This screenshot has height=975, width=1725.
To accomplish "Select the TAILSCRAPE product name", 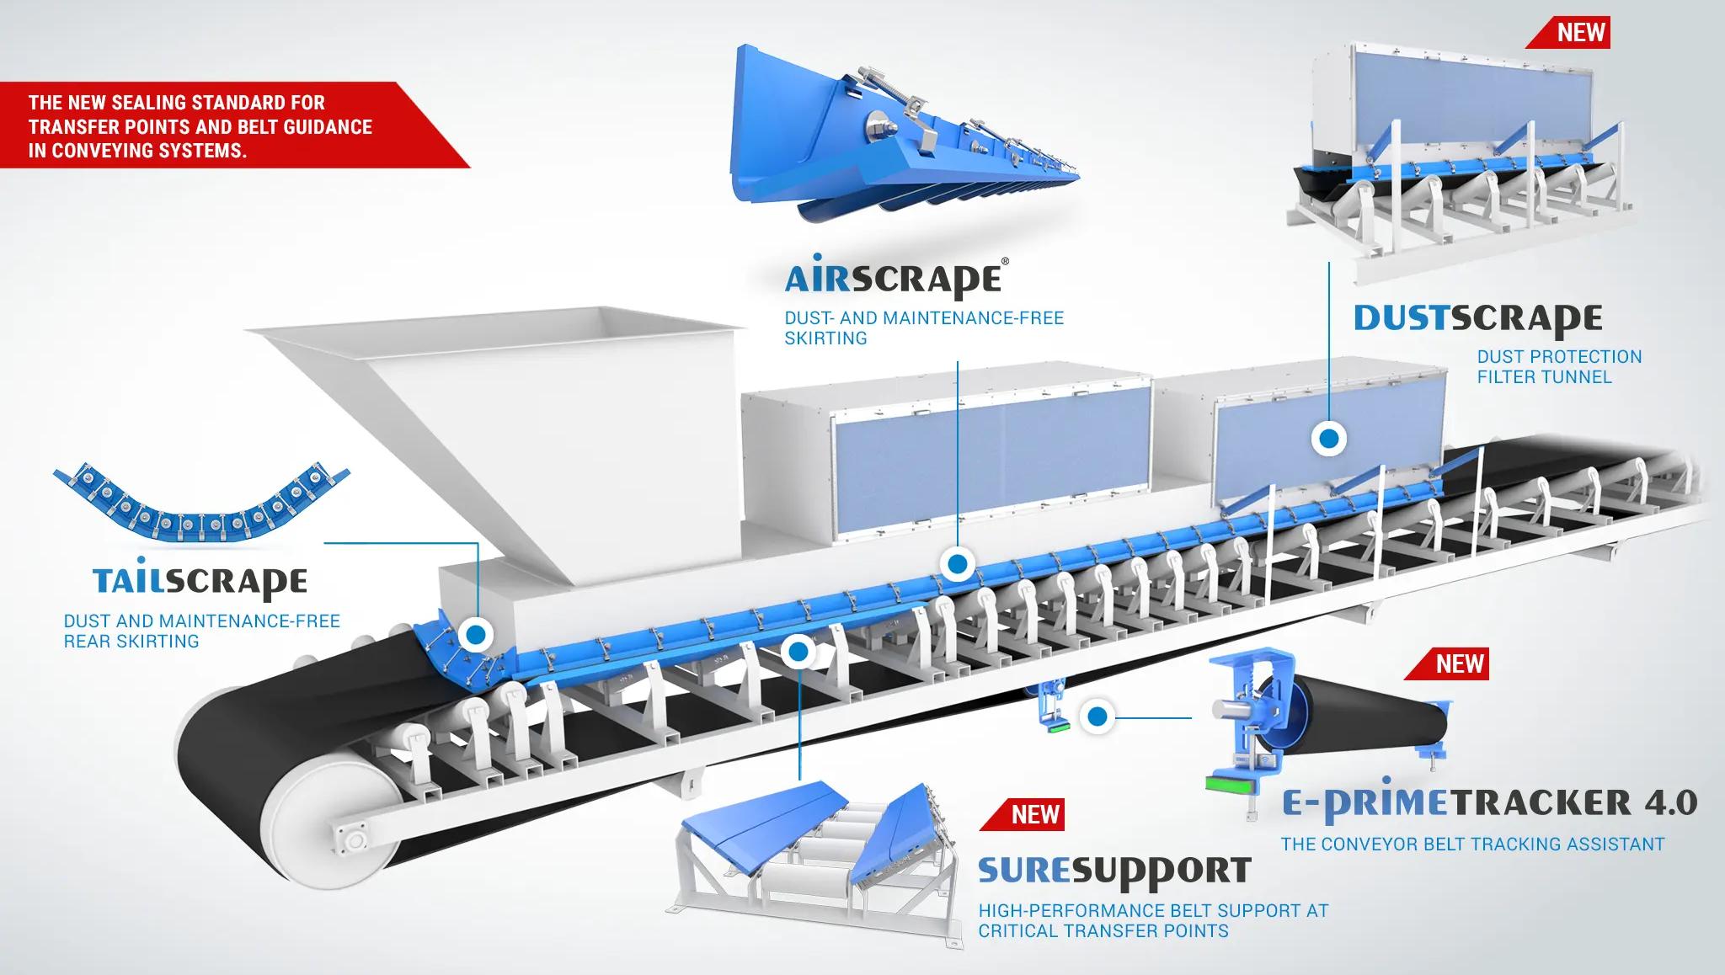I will click(x=200, y=582).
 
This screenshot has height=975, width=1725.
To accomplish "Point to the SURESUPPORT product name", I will click(x=1114, y=871).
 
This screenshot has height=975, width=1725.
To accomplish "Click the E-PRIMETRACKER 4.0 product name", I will click(x=1489, y=802).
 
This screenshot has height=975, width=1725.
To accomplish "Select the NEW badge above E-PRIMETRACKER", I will click(x=1459, y=663).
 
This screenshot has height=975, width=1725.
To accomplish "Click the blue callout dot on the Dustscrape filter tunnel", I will click(x=1329, y=439).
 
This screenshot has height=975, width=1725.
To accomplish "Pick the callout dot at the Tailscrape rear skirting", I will click(x=476, y=635).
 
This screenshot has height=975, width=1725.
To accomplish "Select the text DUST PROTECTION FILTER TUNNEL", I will click(x=1559, y=366).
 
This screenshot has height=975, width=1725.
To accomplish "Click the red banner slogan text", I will click(x=200, y=126).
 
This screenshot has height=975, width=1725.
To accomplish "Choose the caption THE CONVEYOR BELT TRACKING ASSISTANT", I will click(x=1472, y=844).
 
